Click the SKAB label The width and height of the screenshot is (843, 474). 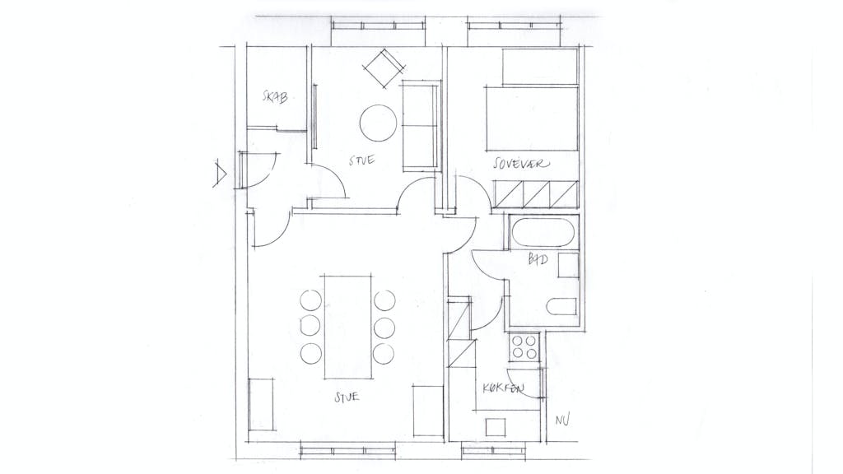tap(275, 97)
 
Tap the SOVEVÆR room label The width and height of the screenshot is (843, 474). tap(521, 164)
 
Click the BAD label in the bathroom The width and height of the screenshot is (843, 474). tap(538, 259)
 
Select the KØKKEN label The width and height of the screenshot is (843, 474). tap(503, 388)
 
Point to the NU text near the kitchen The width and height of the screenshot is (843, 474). tap(562, 419)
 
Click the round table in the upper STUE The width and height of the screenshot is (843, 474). tap(378, 123)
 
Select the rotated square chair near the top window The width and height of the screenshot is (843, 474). tap(384, 68)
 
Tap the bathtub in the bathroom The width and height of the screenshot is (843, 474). tap(543, 232)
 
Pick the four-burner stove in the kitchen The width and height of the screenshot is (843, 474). tap(524, 346)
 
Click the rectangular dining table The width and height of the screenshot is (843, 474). tap(348, 328)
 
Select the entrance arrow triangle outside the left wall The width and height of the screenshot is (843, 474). tap(220, 174)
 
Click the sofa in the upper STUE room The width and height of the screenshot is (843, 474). tap(420, 126)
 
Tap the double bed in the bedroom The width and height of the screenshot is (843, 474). tap(533, 119)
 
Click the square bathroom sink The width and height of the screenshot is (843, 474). tap(568, 266)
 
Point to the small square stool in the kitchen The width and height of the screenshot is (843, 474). tap(496, 428)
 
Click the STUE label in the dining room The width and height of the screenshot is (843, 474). tap(347, 397)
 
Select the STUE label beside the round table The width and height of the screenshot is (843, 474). tap(361, 160)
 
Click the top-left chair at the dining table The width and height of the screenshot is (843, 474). tap(310, 300)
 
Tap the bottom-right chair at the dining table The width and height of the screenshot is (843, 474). tap(384, 353)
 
